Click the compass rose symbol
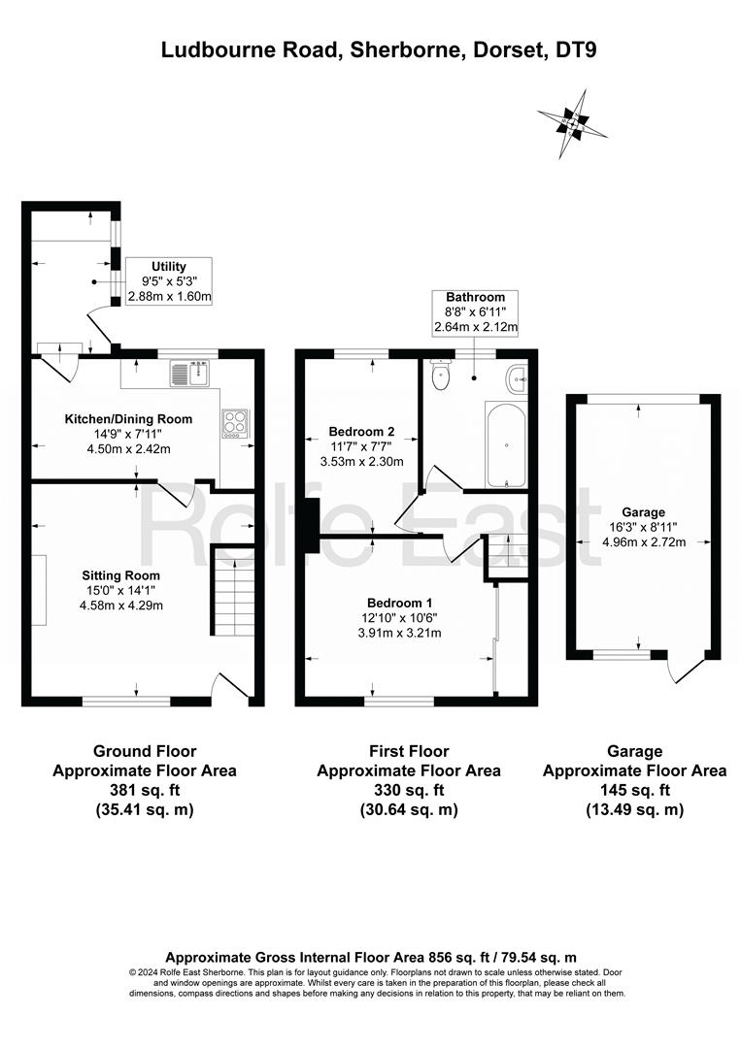tap(572, 124)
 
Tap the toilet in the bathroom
tap(441, 376)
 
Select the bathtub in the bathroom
tap(506, 444)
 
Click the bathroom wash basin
tap(517, 379)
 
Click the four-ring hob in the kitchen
tap(235, 424)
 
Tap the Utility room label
tap(169, 267)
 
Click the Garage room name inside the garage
tap(643, 512)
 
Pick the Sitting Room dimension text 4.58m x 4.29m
tap(121, 606)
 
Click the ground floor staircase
tap(233, 591)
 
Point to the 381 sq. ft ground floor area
tap(145, 790)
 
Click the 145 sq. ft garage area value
tap(635, 790)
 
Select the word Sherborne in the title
tap(403, 50)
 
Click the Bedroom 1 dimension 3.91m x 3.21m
tap(400, 633)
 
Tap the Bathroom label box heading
tap(476, 297)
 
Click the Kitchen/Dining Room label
tap(128, 419)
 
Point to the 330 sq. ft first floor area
tap(409, 790)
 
